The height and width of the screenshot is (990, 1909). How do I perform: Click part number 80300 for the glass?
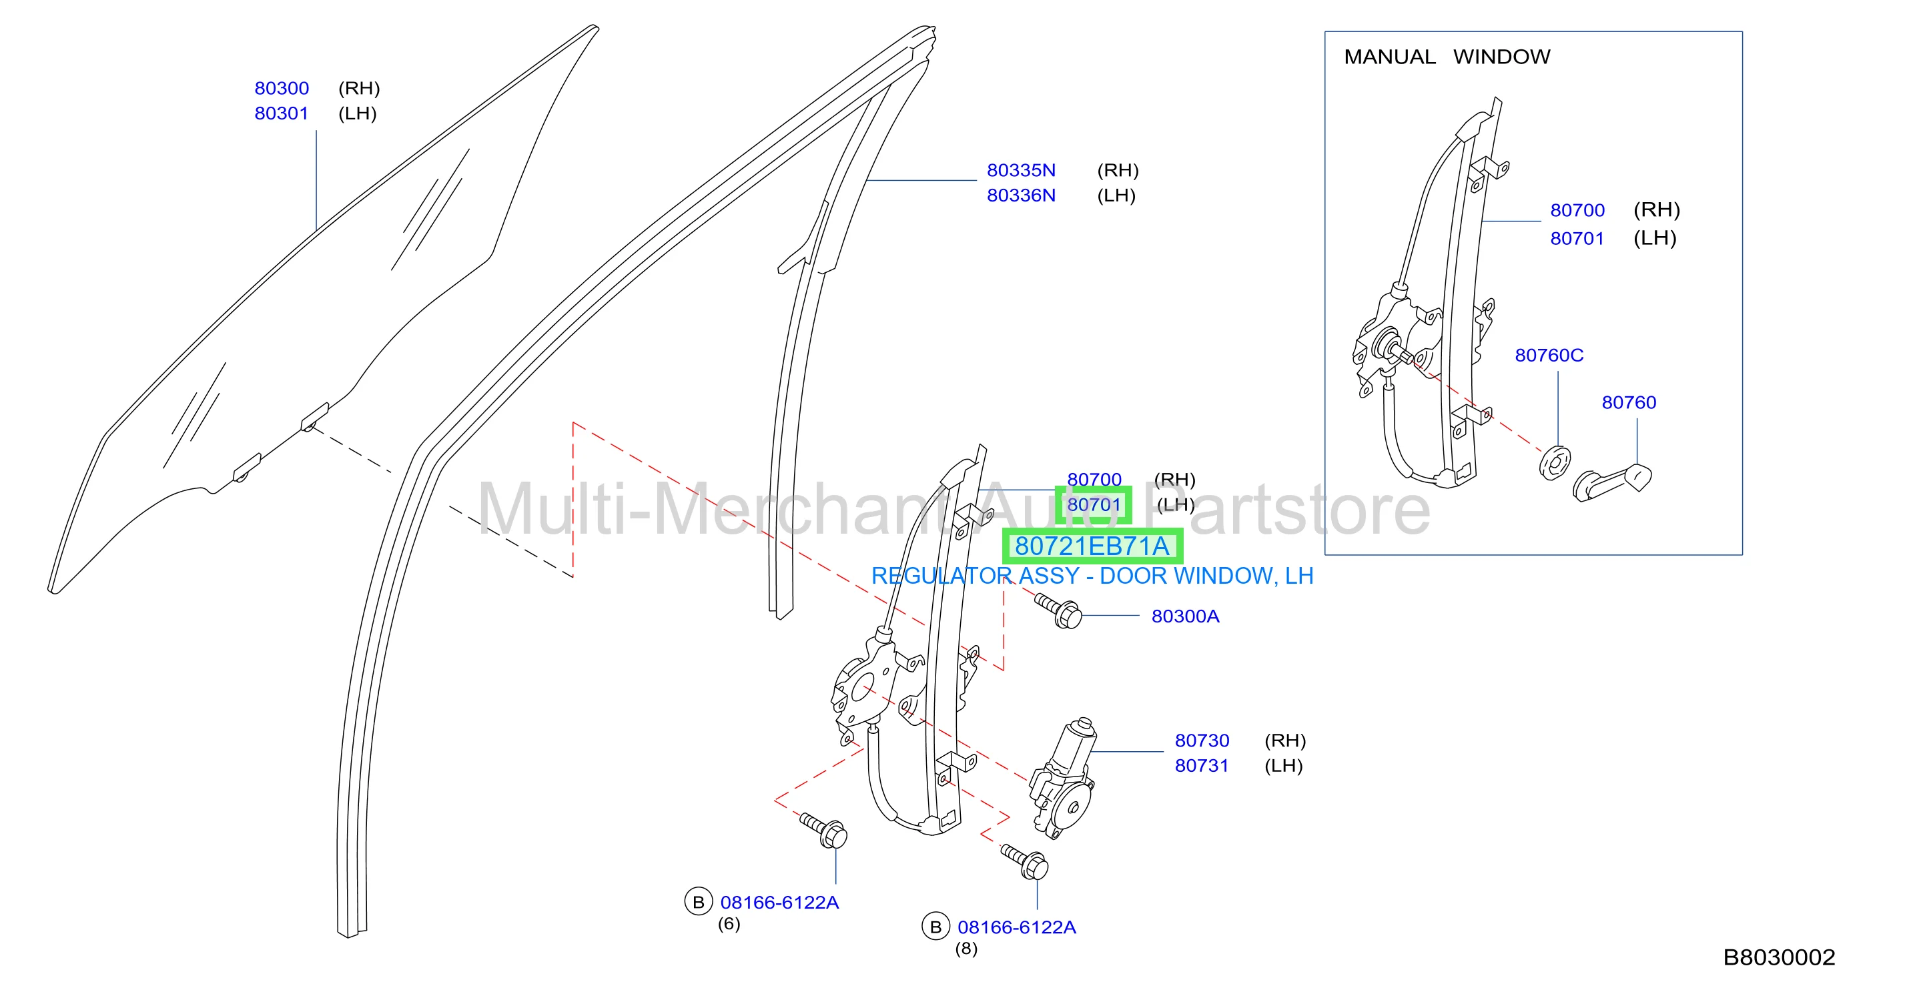282,88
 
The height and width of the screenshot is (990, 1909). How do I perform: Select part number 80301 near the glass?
282,113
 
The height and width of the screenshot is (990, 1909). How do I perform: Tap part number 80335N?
1021,170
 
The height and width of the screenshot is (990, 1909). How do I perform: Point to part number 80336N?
1021,195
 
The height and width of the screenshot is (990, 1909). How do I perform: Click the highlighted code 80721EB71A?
1092,546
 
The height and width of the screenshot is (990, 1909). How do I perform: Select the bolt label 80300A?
1185,616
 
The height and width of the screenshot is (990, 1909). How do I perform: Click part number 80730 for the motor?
1202,741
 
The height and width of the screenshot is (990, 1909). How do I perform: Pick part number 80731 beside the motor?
1202,767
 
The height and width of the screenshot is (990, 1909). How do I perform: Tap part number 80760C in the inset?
1549,356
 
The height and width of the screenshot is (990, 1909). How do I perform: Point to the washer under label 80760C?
1554,464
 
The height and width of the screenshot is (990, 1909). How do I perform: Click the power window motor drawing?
1063,778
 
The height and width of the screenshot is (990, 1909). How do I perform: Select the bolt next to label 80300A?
1058,610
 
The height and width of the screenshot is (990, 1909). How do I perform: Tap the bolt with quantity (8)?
1025,861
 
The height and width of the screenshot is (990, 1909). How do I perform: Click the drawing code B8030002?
1779,958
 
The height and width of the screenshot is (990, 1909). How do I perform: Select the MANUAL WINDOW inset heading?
1447,57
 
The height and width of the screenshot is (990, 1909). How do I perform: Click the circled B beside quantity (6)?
698,903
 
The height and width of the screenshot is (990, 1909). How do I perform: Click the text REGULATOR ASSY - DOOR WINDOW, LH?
1092,576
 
